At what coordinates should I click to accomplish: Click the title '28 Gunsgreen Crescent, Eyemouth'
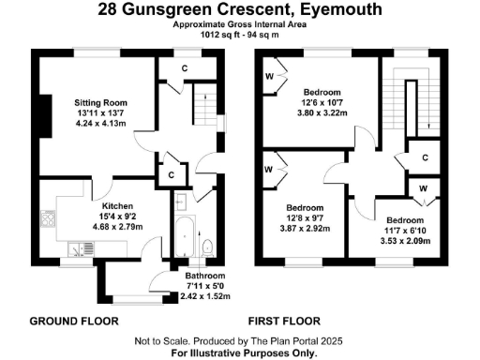(x=240, y=10)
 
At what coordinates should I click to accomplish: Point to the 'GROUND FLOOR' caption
(x=74, y=321)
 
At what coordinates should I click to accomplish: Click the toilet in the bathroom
(x=207, y=247)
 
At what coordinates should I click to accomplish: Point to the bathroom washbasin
(x=179, y=200)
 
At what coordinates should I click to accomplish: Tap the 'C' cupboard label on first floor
(x=425, y=157)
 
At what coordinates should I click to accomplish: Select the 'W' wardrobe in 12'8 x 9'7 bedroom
(x=269, y=170)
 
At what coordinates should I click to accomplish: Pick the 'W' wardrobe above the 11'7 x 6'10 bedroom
(x=424, y=187)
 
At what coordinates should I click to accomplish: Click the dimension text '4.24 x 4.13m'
(x=101, y=124)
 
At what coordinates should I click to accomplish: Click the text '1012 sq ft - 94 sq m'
(x=240, y=35)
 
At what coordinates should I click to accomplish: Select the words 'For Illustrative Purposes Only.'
(x=240, y=353)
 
